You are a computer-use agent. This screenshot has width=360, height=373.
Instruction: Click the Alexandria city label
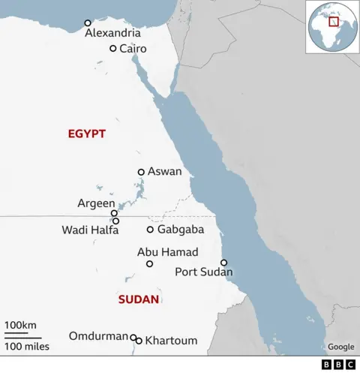click(x=112, y=34)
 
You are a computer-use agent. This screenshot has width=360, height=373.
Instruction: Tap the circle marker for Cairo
click(x=112, y=49)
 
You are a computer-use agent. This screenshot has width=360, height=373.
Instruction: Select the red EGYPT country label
click(x=86, y=134)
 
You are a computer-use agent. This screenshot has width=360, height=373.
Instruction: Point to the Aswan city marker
click(x=140, y=172)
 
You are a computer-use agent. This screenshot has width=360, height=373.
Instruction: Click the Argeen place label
click(x=97, y=203)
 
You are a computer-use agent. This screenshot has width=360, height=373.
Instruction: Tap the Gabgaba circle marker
click(x=150, y=230)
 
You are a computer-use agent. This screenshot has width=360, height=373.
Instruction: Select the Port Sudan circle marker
click(x=223, y=263)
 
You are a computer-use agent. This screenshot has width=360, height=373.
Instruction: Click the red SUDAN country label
click(x=139, y=299)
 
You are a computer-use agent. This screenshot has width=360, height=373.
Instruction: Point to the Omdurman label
click(x=98, y=335)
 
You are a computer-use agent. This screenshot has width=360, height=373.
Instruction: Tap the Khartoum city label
click(x=171, y=341)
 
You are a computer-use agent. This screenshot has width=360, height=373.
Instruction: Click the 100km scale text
click(x=20, y=323)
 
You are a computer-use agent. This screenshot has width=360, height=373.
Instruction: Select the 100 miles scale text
click(x=27, y=346)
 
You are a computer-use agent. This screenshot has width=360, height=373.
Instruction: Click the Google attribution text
click(x=340, y=347)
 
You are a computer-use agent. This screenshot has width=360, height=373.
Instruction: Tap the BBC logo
click(x=339, y=364)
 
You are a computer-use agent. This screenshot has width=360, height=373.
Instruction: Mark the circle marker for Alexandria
click(x=88, y=23)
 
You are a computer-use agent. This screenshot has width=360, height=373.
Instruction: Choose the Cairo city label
click(x=133, y=49)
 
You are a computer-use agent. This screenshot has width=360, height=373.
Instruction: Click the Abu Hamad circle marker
click(x=149, y=264)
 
